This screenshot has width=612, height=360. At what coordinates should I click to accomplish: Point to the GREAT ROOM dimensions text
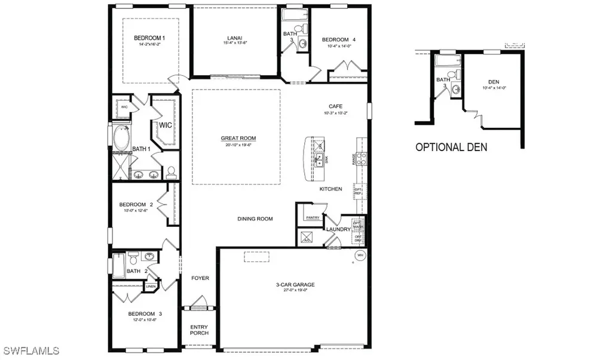[234, 145]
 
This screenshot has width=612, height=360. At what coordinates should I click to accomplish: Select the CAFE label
[335, 106]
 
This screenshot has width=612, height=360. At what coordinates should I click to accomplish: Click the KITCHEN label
[331, 189]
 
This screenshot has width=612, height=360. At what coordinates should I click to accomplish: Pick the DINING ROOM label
[255, 219]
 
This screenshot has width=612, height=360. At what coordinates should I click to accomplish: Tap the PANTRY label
[312, 218]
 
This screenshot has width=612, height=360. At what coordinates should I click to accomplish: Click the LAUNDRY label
[338, 229]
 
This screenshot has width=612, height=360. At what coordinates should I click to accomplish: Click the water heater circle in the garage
[360, 256]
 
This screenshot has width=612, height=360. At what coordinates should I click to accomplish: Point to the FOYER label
[200, 278]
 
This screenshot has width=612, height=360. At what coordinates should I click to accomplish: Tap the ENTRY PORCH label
[199, 330]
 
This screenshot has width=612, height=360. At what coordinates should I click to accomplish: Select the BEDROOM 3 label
[145, 314]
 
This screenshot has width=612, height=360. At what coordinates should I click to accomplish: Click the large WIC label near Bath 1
[165, 125]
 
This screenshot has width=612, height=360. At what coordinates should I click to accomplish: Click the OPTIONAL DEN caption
[451, 147]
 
